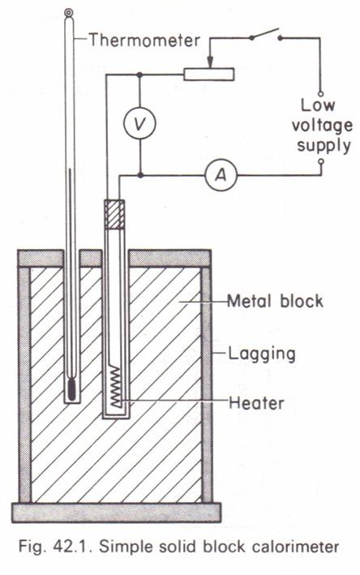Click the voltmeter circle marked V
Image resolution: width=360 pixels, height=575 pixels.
[139, 123]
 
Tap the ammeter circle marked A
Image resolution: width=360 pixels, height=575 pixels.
[221, 175]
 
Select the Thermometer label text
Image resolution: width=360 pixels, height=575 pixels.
[144, 39]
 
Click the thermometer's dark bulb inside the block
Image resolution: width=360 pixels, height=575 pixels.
[72, 389]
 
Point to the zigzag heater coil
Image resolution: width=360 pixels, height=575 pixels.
[116, 386]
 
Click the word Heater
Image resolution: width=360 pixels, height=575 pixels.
[256, 402]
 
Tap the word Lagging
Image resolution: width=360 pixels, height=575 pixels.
[262, 354]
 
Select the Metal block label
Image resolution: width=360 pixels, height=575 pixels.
[275, 301]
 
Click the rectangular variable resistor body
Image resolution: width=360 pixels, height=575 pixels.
[208, 74]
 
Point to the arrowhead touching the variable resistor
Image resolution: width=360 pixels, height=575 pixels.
[210, 62]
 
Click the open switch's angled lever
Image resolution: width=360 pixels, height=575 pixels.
[265, 32]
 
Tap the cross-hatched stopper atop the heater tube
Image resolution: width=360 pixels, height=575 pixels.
[114, 215]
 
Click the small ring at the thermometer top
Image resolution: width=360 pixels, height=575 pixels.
[68, 12]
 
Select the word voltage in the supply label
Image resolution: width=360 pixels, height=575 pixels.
[322, 127]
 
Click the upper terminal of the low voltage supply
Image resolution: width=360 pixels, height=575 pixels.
[320, 93]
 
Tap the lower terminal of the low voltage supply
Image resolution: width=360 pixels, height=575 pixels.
[321, 161]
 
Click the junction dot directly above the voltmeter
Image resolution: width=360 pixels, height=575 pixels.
[139, 75]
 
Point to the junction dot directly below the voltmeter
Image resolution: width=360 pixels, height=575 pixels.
[140, 175]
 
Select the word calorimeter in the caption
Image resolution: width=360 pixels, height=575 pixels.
[295, 547]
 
